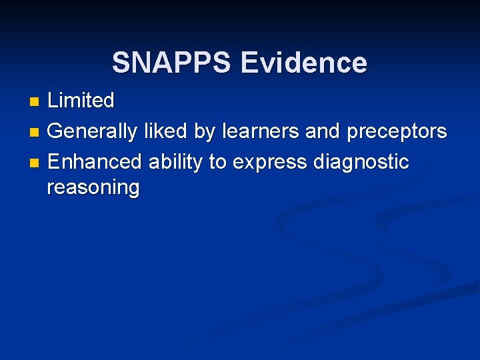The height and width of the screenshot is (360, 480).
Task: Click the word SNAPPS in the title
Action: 173,63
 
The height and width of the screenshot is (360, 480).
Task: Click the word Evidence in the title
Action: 303,63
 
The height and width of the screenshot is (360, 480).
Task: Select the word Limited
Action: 81,101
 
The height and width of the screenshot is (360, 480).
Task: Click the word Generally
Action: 94,131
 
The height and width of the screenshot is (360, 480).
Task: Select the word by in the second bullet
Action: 205,131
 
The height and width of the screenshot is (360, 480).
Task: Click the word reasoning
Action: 93,187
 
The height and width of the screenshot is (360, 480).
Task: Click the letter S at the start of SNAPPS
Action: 121,63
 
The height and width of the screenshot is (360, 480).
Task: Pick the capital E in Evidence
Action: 249,63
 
